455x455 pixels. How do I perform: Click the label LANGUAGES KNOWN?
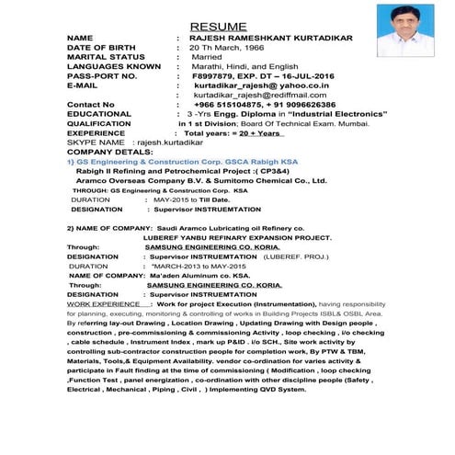point(114,66)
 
